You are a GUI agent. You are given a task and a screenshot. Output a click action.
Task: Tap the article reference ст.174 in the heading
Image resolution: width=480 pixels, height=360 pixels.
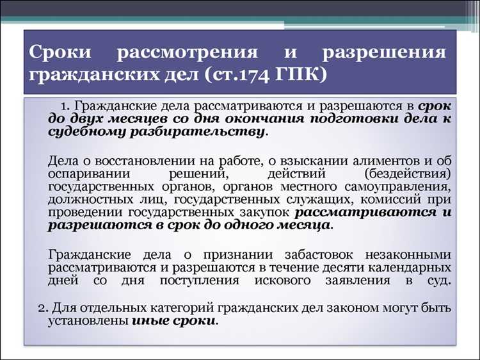(237, 75)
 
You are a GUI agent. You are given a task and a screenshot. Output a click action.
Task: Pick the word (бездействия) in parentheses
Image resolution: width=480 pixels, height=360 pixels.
(407, 173)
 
